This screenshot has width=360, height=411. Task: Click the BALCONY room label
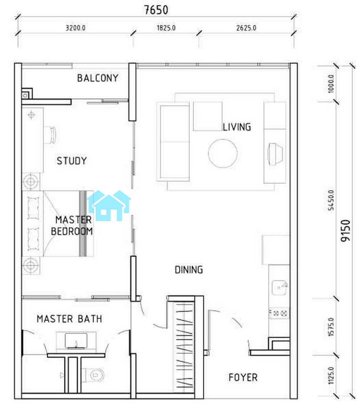click(97, 78)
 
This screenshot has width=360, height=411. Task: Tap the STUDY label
click(72, 161)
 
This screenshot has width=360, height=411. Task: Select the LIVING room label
click(237, 127)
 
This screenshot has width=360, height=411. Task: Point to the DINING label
click(189, 270)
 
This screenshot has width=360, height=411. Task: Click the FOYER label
click(243, 377)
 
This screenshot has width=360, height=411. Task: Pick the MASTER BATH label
click(69, 319)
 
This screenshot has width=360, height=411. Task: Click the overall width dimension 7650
click(156, 10)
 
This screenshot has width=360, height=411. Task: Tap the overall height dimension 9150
click(346, 231)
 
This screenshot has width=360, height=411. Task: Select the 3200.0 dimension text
click(75, 28)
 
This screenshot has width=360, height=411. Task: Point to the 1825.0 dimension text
click(166, 28)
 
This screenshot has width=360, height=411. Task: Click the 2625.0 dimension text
click(246, 28)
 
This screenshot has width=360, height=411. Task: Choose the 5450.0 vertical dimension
click(331, 200)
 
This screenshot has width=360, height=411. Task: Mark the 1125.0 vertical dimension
click(331, 376)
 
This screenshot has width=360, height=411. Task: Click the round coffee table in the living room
click(223, 153)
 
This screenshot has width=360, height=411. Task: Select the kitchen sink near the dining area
click(279, 288)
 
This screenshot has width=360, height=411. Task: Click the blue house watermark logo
click(109, 205)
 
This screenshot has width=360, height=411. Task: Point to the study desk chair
click(50, 135)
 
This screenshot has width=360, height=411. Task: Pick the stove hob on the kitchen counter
click(279, 313)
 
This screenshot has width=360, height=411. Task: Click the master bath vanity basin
click(76, 341)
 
